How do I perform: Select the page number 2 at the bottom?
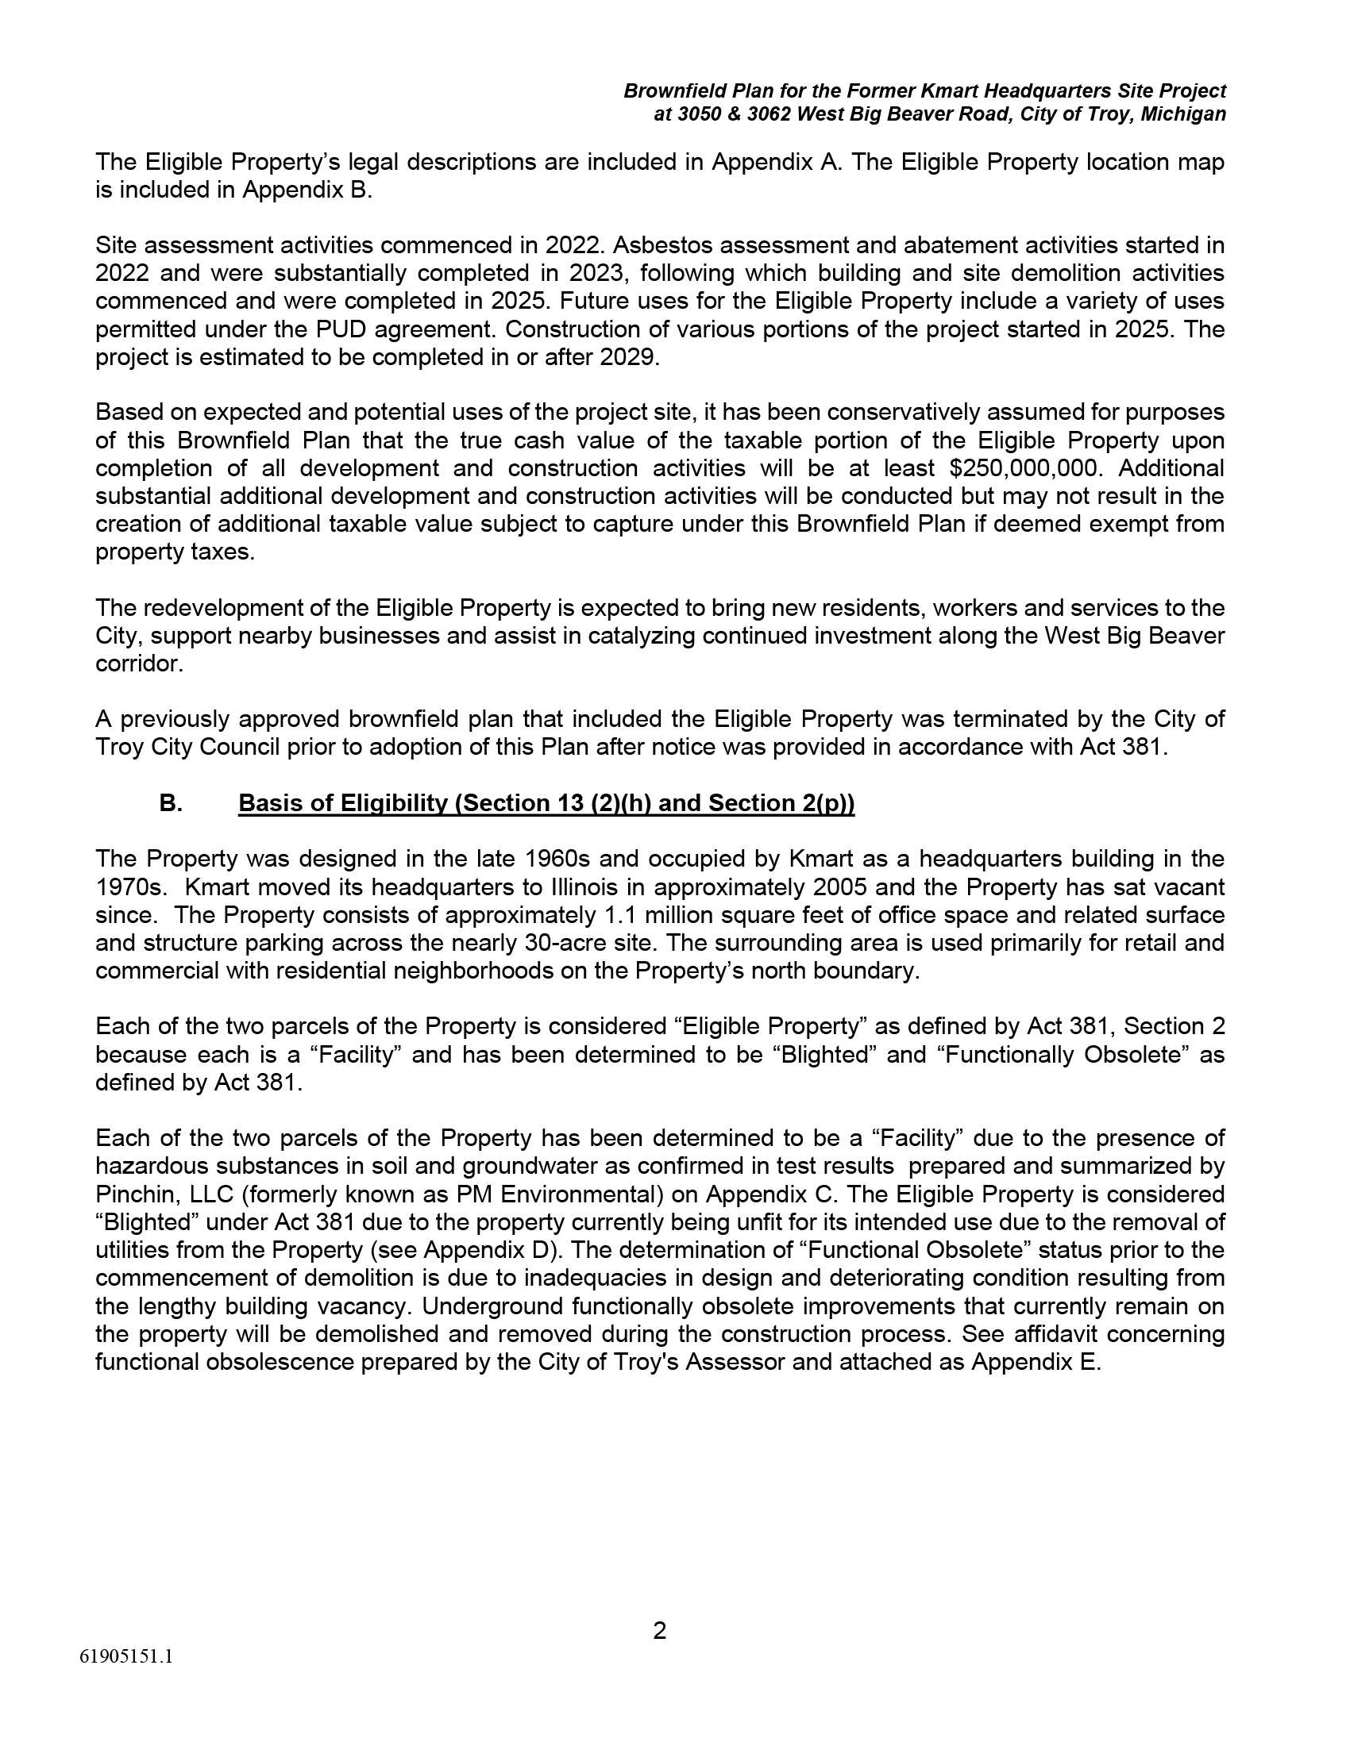[660, 1630]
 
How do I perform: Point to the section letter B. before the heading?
[171, 802]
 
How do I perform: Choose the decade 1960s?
[557, 859]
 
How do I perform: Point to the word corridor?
[136, 663]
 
